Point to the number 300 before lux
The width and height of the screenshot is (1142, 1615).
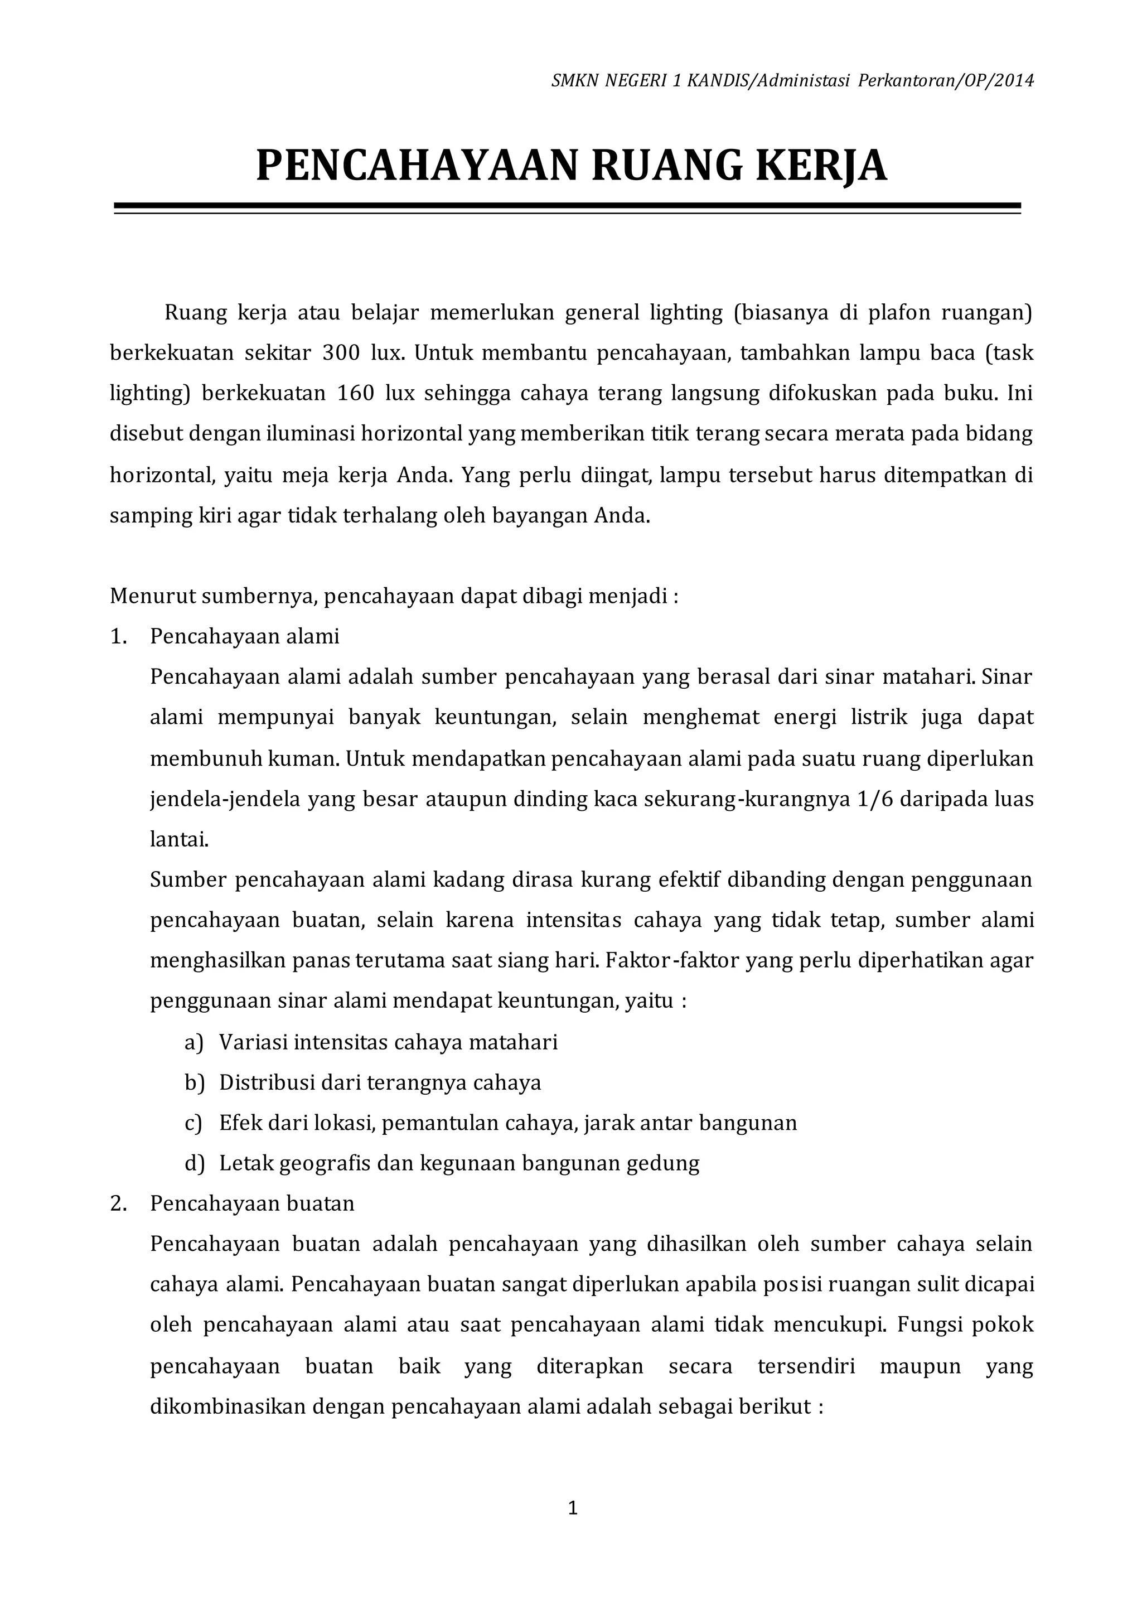click(341, 352)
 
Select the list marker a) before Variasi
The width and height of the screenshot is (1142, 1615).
click(193, 1042)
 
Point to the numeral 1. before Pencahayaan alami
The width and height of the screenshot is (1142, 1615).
click(118, 636)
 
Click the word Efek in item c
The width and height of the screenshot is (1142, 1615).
click(239, 1123)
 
